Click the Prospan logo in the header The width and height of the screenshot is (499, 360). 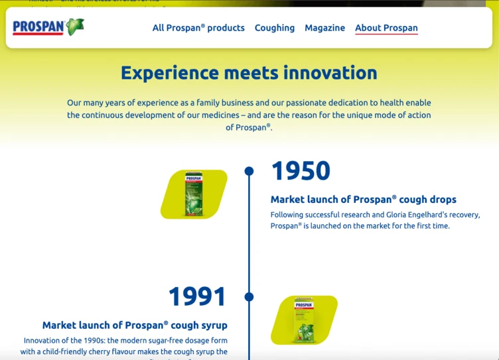(38, 27)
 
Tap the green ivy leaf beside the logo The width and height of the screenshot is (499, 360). (75, 27)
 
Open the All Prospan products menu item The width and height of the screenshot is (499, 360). (198, 28)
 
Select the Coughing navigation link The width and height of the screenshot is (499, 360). (275, 28)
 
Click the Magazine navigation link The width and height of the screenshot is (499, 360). (324, 28)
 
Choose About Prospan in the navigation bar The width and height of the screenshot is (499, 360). (386, 28)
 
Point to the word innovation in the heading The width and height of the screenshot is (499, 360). (330, 72)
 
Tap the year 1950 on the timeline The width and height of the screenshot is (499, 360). (301, 171)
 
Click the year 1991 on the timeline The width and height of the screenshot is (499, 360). (197, 296)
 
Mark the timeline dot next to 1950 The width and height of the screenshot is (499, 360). (249, 171)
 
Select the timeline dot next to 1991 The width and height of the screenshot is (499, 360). (249, 296)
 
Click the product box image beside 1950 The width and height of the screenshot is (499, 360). (194, 194)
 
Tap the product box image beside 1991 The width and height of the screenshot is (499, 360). (305, 320)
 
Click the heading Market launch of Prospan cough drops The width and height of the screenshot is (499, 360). (363, 200)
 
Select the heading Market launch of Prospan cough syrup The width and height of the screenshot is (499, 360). (135, 325)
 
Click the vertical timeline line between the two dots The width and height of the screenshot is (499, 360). (249, 232)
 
